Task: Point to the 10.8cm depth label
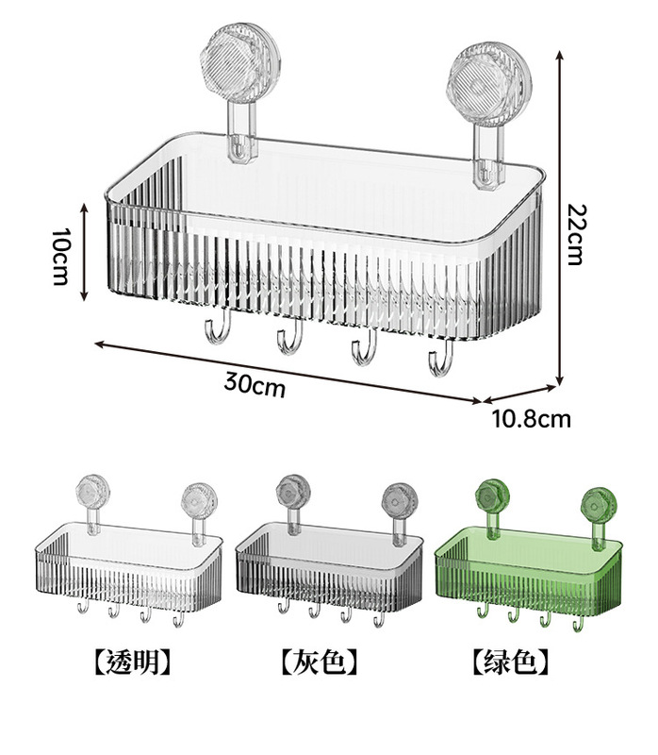pos(531,418)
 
